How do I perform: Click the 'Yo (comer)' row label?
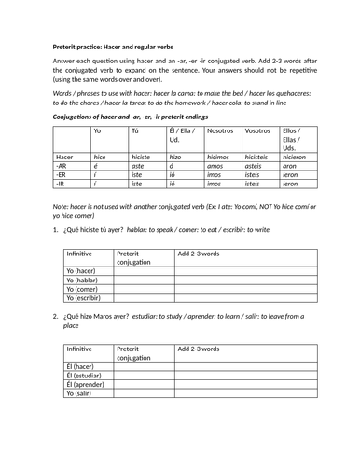pyautogui.click(x=84, y=288)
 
